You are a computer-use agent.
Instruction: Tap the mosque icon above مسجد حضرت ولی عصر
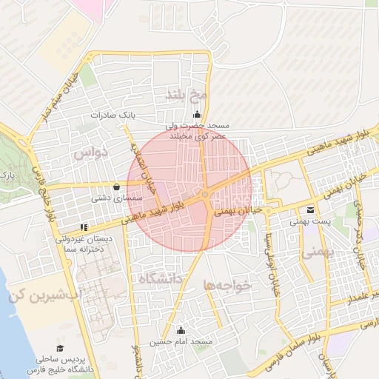coord(197,114)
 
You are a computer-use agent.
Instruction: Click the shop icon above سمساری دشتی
coord(118,187)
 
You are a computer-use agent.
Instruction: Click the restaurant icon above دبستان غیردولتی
coord(84,227)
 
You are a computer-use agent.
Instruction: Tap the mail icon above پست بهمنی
coord(310,209)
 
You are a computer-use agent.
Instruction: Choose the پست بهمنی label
coord(309,221)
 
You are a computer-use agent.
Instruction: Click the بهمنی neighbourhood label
coord(318,252)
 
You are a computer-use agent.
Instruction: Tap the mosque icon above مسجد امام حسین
coord(181,330)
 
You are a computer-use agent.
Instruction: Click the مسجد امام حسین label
coord(181,342)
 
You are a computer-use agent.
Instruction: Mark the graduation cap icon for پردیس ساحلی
coord(59,347)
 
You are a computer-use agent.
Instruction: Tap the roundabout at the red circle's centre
coord(204,194)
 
